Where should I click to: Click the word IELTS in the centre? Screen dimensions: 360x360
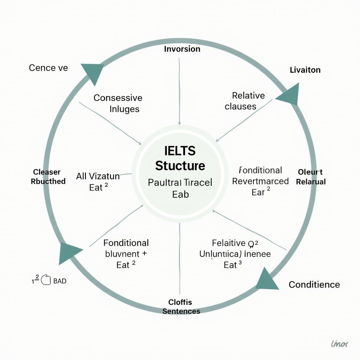[180, 151]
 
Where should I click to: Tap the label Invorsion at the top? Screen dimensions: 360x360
[182, 49]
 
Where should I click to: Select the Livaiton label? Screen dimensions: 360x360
[305, 70]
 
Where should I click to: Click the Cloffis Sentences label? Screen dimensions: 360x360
[181, 307]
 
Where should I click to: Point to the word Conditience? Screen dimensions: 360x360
[314, 284]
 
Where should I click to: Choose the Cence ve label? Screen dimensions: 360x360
[48, 68]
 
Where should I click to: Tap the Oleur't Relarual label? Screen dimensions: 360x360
[311, 177]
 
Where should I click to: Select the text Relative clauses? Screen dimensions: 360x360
[245, 101]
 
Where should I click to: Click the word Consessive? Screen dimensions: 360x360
[118, 98]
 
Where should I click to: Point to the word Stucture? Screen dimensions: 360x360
[180, 166]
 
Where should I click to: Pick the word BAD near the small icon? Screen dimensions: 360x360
[59, 281]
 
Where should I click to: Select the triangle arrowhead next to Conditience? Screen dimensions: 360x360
[266, 280]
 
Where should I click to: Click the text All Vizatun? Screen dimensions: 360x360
[98, 176]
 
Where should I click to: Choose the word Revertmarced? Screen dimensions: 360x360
[261, 181]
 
